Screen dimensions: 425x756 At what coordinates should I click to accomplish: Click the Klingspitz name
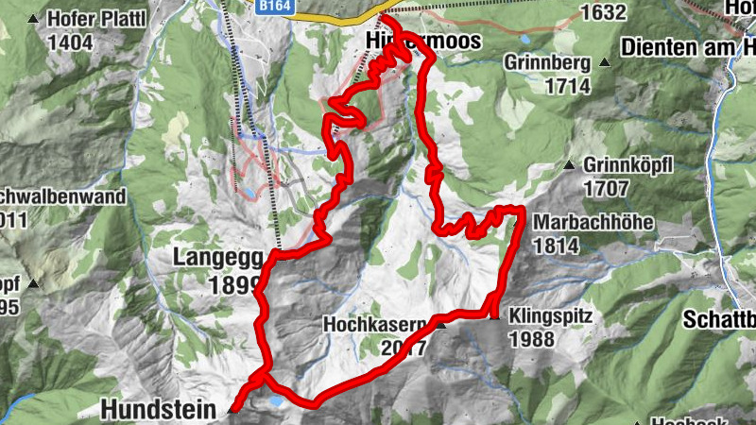point(550,316)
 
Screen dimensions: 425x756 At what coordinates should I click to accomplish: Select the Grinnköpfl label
point(628,165)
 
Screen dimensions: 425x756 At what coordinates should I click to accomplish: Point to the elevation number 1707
point(606,187)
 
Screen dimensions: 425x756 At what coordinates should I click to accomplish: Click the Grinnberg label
point(547,63)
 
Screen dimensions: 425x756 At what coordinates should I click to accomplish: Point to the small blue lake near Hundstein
point(275,400)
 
